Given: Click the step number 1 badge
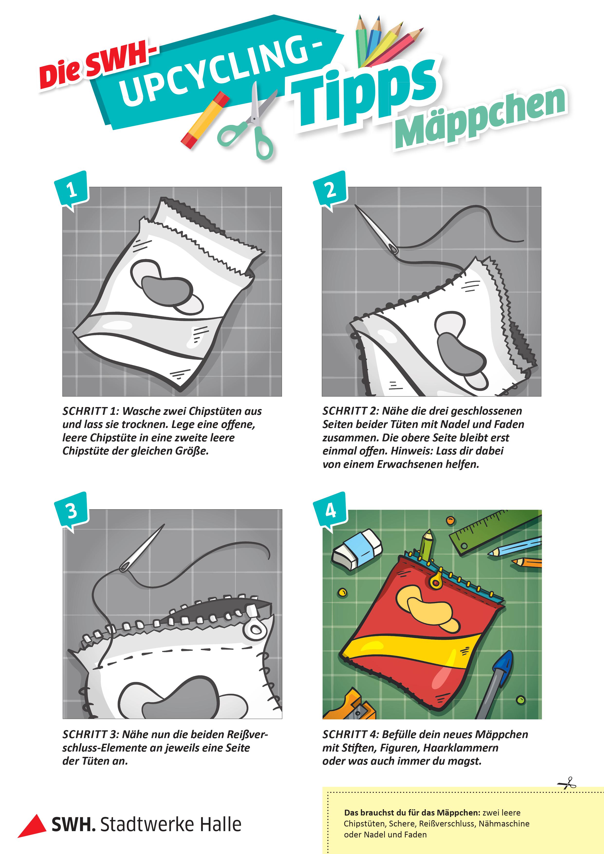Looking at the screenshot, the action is point(71,190).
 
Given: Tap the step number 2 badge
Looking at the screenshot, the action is point(330,190).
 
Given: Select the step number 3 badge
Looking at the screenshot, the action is point(71,511).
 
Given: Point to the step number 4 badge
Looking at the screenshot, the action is point(330,511).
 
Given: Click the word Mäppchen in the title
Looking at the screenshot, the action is point(481,118).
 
